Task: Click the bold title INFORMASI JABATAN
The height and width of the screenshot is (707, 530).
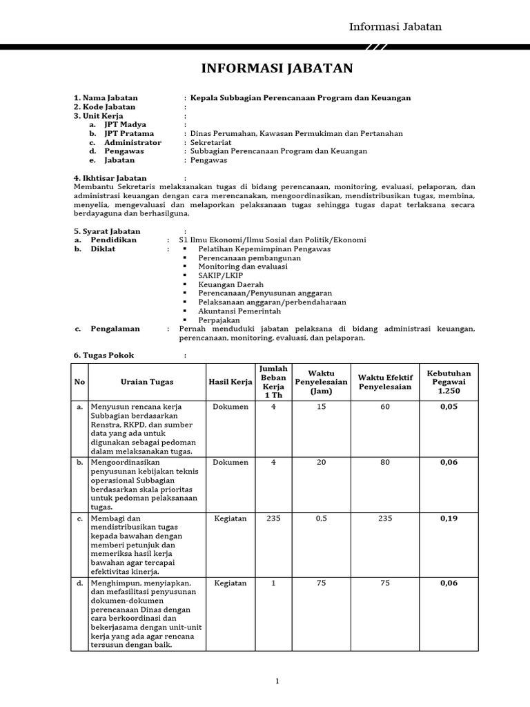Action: [x=277, y=68]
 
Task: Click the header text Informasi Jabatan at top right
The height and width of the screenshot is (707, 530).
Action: [x=395, y=27]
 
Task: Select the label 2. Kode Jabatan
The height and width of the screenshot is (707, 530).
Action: [x=105, y=107]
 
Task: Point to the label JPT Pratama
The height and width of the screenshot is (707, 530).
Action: [x=129, y=133]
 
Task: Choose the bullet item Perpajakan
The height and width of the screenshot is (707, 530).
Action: [x=219, y=320]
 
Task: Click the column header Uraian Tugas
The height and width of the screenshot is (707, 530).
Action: [x=147, y=382]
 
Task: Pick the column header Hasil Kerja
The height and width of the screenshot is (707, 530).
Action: [x=230, y=382]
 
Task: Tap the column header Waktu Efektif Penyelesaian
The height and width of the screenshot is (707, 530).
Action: [x=384, y=382]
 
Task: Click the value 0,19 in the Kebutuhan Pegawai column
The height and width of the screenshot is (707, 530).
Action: [x=449, y=519]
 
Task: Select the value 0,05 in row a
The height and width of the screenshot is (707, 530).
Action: [x=449, y=407]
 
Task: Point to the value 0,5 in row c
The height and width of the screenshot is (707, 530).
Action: [x=321, y=519]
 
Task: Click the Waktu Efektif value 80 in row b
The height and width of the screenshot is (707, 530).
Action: [x=384, y=463]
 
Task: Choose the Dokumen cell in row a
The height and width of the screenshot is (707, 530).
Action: [x=230, y=407]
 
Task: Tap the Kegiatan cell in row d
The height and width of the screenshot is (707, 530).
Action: [x=230, y=583]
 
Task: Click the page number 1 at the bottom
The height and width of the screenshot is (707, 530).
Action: [x=277, y=681]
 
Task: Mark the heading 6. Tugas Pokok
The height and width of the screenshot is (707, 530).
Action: [x=104, y=355]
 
